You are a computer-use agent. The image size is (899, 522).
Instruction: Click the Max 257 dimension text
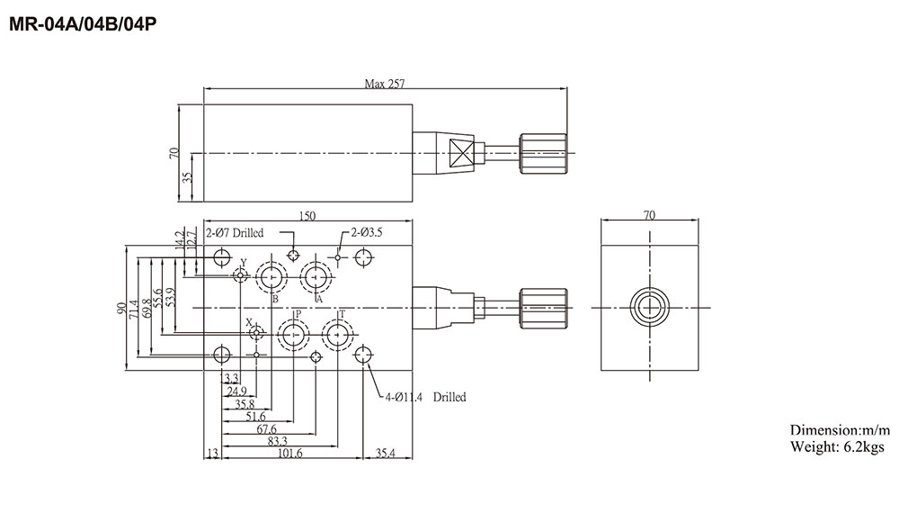click(x=384, y=84)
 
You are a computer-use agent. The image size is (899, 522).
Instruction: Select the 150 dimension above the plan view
click(x=307, y=215)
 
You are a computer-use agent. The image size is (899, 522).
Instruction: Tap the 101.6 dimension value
click(x=289, y=454)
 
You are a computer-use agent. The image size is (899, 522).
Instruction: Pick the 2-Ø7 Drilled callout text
click(x=235, y=233)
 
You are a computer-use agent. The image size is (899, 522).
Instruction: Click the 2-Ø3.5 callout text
click(x=366, y=232)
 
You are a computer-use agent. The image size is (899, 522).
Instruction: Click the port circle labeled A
click(x=316, y=275)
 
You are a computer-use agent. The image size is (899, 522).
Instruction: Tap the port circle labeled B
click(x=271, y=275)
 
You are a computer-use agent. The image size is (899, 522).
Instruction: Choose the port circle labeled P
click(x=292, y=335)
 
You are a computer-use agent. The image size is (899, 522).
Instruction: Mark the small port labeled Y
click(x=240, y=274)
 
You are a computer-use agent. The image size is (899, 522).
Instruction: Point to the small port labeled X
click(x=257, y=334)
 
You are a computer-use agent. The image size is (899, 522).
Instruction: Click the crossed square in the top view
click(x=461, y=154)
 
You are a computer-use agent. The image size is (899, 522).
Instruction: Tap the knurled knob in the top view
click(x=542, y=154)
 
